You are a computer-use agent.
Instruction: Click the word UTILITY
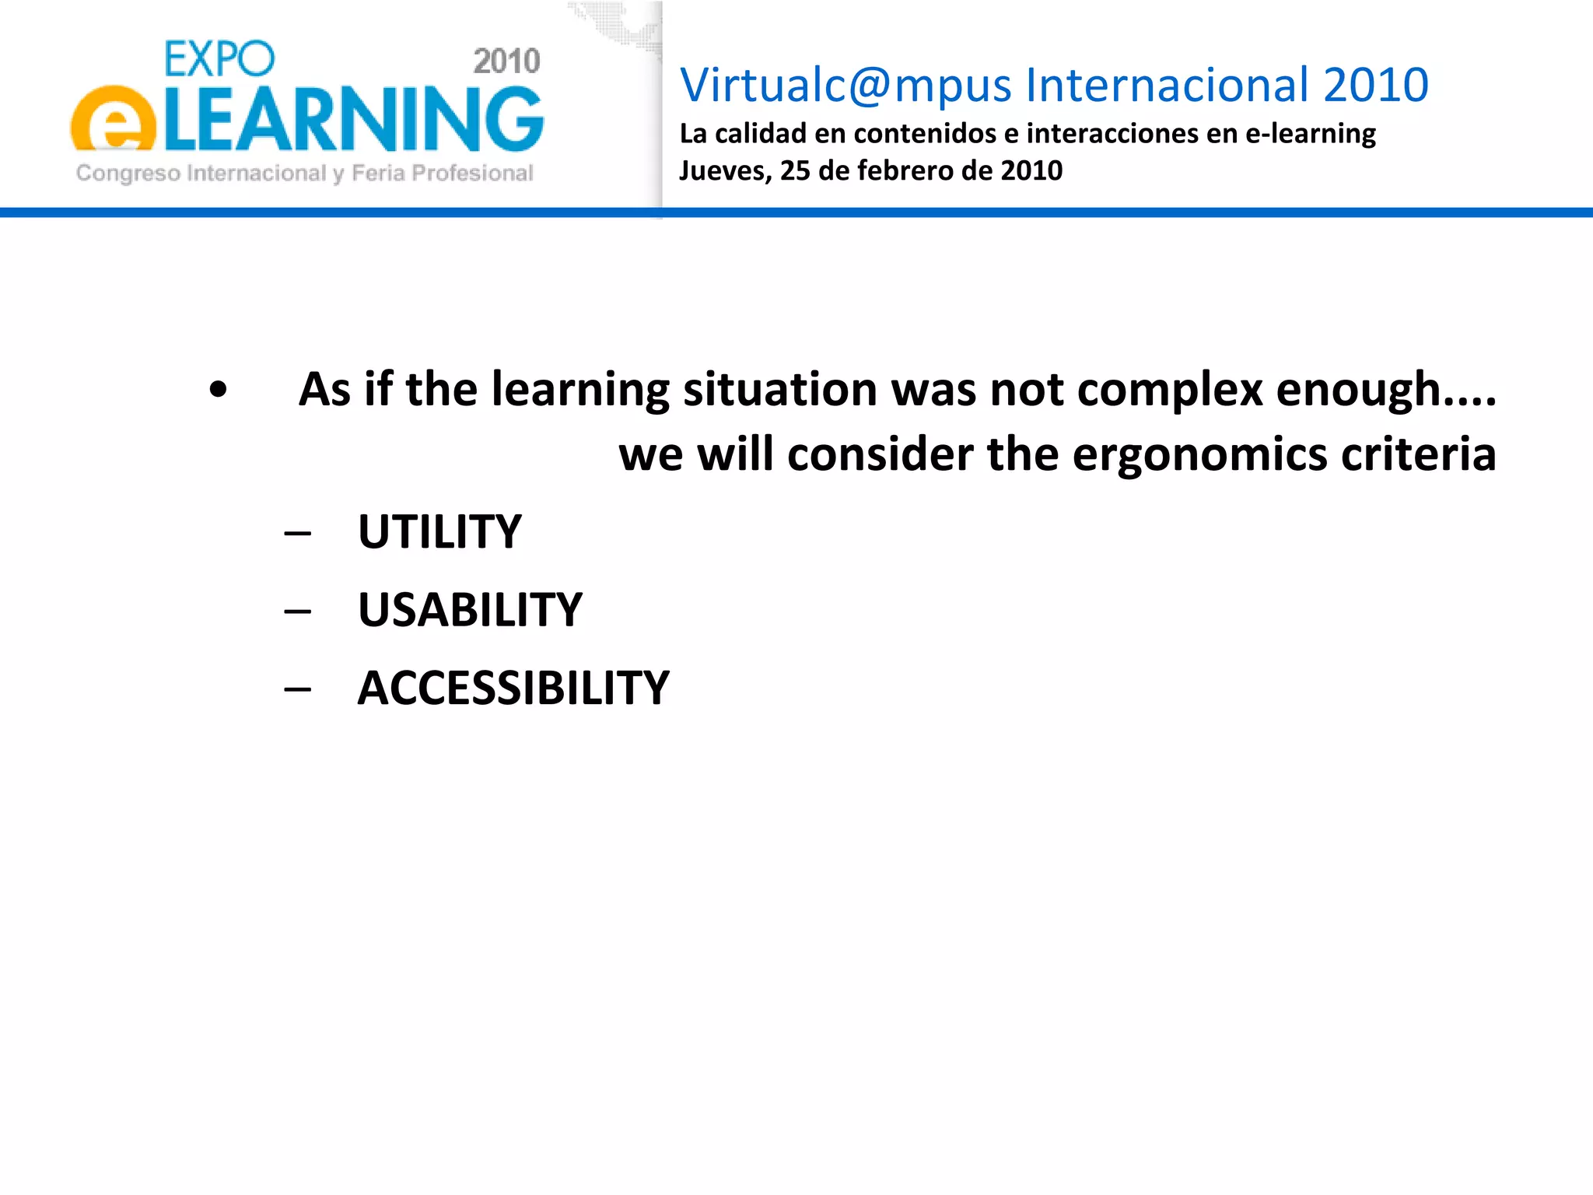[439, 532]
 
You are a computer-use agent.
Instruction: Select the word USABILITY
[470, 610]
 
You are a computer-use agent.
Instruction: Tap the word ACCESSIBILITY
[513, 688]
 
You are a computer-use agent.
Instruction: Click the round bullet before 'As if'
[219, 391]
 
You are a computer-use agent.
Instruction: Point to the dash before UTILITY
[298, 534]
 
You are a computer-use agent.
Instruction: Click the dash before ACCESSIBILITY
[298, 689]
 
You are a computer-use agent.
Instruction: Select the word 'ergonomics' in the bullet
[1199, 454]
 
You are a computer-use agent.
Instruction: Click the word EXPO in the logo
[219, 59]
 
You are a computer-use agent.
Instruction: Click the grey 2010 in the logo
[506, 61]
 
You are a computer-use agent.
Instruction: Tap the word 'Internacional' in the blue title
[1168, 85]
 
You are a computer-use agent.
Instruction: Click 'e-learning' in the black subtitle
[1310, 134]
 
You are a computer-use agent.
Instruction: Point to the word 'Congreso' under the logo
[128, 173]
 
